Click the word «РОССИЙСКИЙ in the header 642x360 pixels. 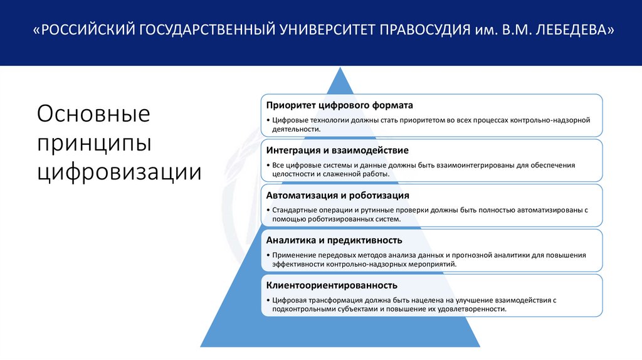coord(84,30)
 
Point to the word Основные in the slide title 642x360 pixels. coord(94,115)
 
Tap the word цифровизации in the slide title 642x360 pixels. coord(120,170)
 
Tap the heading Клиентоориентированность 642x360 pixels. coord(323,285)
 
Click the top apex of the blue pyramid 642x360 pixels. coord(340,68)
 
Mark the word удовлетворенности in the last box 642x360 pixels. coord(467,309)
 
